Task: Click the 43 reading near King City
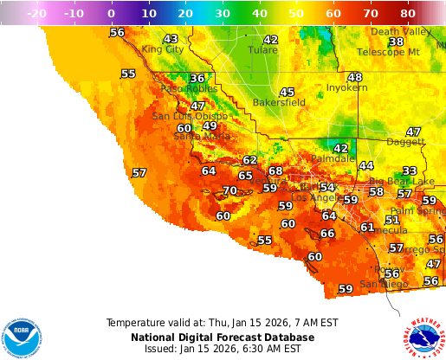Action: (x=171, y=39)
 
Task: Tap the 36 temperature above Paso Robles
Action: (x=197, y=79)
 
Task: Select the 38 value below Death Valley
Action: (x=396, y=42)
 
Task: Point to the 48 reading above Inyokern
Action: (x=354, y=77)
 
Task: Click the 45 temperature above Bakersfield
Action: (x=287, y=92)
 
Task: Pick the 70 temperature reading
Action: (x=229, y=190)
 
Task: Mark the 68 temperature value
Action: (x=275, y=170)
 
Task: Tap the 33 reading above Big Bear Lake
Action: (x=410, y=170)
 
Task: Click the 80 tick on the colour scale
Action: (x=408, y=14)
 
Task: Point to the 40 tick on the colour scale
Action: (x=259, y=14)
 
